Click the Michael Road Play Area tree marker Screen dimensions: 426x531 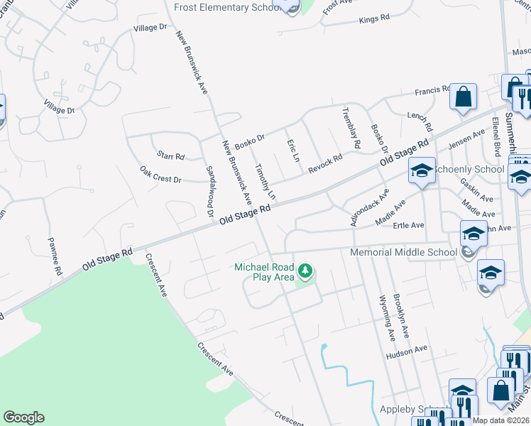[x=305, y=271]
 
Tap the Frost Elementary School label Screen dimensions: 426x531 [x=226, y=6]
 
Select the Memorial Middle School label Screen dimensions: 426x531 [x=404, y=252]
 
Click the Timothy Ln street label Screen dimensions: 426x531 [x=265, y=181]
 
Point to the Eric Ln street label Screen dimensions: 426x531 [x=291, y=150]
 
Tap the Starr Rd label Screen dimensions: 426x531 [x=170, y=156]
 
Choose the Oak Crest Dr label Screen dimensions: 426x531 [x=160, y=175]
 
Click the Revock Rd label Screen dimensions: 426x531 [x=325, y=163]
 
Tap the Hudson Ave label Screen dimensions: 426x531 [x=407, y=349]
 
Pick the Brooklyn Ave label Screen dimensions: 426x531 [x=404, y=315]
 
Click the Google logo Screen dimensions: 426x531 [x=23, y=417]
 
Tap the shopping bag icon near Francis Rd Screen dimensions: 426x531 [x=463, y=97]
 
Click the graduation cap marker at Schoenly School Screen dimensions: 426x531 [x=422, y=171]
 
